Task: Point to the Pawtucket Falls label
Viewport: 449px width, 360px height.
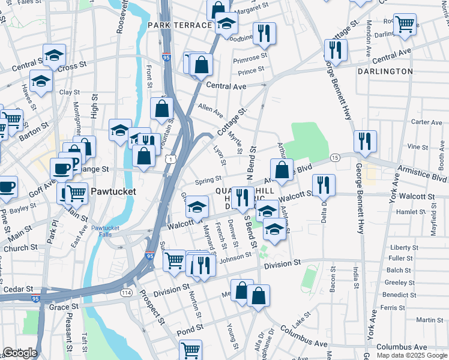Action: (x=106, y=232)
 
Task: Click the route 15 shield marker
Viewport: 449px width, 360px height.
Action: (x=335, y=157)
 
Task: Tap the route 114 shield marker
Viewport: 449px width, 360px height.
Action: (x=126, y=292)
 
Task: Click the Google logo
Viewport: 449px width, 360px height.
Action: (x=20, y=353)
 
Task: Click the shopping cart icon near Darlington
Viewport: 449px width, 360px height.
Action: (x=405, y=24)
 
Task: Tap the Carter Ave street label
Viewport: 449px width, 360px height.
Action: (x=427, y=122)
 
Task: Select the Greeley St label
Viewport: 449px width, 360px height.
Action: (x=396, y=283)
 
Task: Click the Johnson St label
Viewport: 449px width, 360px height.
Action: (x=235, y=257)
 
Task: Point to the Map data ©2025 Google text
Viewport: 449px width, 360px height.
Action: (x=412, y=355)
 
